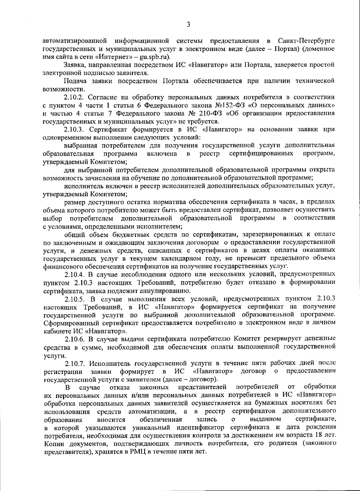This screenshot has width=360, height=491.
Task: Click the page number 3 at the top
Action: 188,25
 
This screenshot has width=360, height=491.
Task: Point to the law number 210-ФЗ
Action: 195,113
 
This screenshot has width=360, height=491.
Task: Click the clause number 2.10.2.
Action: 75,97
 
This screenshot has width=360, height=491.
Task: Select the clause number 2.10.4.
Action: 75,274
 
